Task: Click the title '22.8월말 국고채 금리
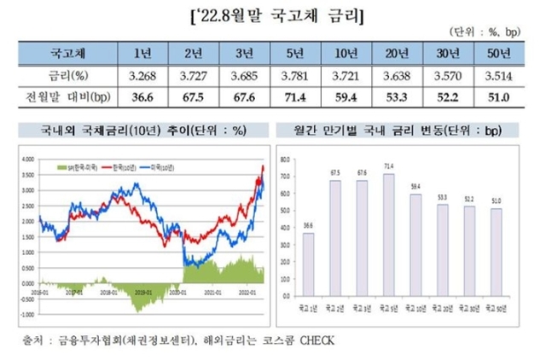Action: [x=272, y=17]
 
